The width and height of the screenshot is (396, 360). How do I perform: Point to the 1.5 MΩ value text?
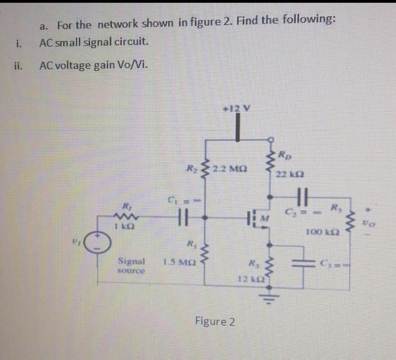point(177,262)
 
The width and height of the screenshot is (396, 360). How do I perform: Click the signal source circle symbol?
point(99,245)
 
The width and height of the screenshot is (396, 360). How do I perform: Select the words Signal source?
point(132,266)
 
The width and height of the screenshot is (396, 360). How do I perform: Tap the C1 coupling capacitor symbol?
point(182,217)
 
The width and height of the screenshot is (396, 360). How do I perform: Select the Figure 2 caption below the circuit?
point(214,322)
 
